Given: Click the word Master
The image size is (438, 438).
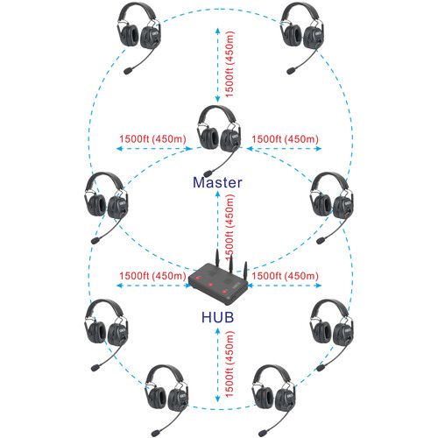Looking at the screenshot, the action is [217, 182].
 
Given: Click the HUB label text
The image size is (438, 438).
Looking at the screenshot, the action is [218, 317].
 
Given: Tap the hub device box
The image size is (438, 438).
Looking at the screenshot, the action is [218, 283].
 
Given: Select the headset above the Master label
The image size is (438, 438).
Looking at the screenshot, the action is [219, 141].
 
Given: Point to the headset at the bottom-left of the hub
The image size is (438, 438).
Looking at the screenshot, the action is [106, 336].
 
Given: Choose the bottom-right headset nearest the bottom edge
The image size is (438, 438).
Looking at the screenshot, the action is [273, 400].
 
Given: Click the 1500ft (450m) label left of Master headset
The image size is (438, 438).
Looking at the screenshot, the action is [152, 138].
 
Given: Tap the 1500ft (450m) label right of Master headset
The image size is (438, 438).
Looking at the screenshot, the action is [285, 138].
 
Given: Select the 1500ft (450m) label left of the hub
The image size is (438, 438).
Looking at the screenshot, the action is [152, 276].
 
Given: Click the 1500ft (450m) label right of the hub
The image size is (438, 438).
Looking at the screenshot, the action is [285, 276].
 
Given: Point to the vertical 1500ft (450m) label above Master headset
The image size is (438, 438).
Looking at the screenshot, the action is [230, 64].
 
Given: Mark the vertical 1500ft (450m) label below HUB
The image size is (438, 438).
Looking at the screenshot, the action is [230, 364].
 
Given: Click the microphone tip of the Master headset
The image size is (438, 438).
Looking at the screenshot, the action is [208, 173].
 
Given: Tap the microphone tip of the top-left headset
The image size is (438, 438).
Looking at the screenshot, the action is [128, 71].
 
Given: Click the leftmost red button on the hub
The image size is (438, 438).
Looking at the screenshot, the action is [198, 278].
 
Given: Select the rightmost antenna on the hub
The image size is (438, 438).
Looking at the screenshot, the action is [245, 272].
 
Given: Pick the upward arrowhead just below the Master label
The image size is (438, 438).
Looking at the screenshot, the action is [217, 194].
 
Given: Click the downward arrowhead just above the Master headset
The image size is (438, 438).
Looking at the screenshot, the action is [217, 99].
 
